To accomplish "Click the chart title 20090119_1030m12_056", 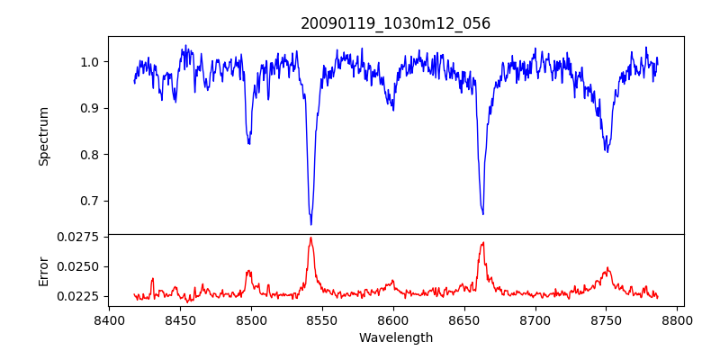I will (x=395, y=23).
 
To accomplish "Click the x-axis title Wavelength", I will (x=395, y=338).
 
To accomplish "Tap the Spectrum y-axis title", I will (x=43, y=136).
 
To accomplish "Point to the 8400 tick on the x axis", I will (x=109, y=319).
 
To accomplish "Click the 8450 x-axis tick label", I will (x=180, y=319).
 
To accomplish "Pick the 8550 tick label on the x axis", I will (x=322, y=319).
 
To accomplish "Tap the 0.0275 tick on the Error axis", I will (x=79, y=238).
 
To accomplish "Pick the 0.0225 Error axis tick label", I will (x=79, y=296).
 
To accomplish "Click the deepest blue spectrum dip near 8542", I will (x=310, y=223).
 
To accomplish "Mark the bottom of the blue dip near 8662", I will (x=482, y=214).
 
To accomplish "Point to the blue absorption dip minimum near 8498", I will (x=249, y=143).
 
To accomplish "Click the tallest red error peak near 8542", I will (x=310, y=238).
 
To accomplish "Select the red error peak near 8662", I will (x=482, y=243).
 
